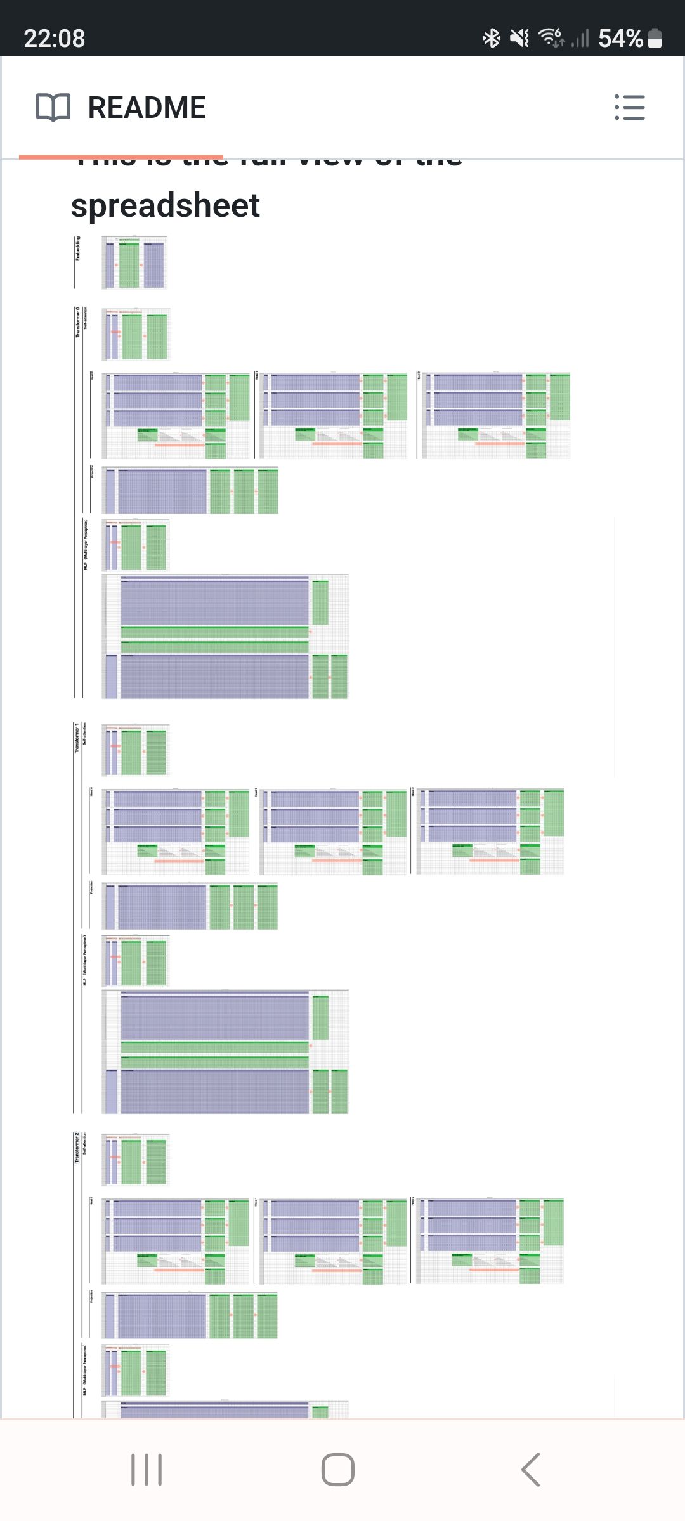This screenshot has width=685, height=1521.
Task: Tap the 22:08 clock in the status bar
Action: pos(55,38)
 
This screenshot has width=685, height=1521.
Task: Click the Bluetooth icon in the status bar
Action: pos(492,38)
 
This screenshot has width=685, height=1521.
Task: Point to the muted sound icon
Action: pos(519,38)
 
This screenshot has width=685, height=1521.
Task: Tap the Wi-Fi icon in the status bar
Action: pos(551,37)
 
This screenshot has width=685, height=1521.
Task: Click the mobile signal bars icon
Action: pos(580,38)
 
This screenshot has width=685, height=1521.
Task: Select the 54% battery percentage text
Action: pos(620,38)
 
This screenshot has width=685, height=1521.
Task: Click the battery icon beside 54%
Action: pos(655,38)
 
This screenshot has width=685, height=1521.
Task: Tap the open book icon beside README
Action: pos(53,107)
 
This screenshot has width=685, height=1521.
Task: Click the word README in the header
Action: pos(147,107)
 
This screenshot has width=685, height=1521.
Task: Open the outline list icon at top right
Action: pos(630,107)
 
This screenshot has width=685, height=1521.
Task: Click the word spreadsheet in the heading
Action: pos(166,205)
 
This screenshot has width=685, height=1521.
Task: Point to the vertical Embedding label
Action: pos(78,248)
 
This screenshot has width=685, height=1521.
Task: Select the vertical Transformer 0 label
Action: pos(78,322)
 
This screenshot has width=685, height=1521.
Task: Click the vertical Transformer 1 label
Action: pos(77,738)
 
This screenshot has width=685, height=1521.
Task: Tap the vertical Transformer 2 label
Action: pos(77,1147)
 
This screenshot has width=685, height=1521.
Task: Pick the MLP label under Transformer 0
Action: pos(86,544)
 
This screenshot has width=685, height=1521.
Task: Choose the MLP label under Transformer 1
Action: pos(85,960)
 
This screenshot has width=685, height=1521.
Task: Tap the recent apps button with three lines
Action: pos(147,1470)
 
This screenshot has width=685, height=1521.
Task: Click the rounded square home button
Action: pos(338,1470)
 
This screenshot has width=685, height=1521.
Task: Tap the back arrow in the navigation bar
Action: pos(530,1470)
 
